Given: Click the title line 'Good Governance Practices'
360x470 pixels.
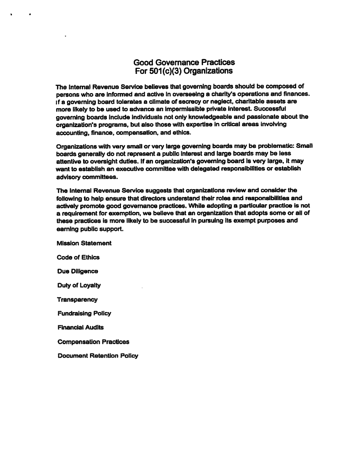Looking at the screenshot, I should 184,62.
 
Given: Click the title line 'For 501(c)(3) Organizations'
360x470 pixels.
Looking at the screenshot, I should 184,71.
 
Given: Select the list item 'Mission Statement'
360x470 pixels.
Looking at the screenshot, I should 84,243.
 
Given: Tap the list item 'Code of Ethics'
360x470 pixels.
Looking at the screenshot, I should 78,257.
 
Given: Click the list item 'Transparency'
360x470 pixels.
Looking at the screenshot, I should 77,300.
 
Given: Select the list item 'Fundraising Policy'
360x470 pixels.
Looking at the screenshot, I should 84,313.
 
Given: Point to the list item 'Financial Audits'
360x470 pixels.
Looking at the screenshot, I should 80,327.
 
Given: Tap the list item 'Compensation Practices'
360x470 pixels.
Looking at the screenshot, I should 93,341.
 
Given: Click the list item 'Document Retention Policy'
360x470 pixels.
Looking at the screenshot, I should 97,356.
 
